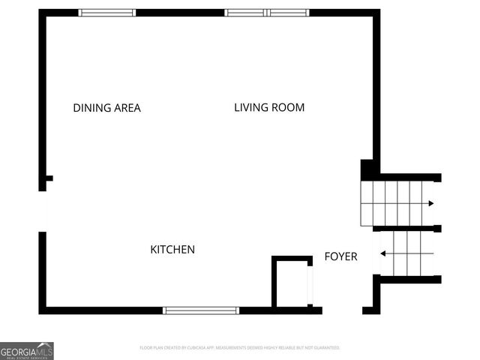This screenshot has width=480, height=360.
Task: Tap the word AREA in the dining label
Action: (127, 108)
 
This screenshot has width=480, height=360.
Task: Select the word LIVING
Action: (251, 107)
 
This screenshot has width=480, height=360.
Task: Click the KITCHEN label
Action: (172, 250)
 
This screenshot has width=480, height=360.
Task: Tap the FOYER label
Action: (340, 256)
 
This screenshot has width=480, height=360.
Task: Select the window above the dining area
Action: (107, 13)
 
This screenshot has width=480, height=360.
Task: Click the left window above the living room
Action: (245, 13)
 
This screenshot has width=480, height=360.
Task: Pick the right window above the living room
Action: (289, 13)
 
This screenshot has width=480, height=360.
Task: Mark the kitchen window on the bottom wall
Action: (201, 310)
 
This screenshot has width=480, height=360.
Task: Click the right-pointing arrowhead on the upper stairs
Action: (430, 203)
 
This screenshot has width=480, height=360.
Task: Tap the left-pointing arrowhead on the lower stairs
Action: (383, 253)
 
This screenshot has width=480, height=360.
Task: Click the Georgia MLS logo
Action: (27, 350)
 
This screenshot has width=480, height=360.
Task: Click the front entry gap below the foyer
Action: (343, 310)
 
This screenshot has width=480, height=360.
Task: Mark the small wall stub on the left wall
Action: (49, 178)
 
